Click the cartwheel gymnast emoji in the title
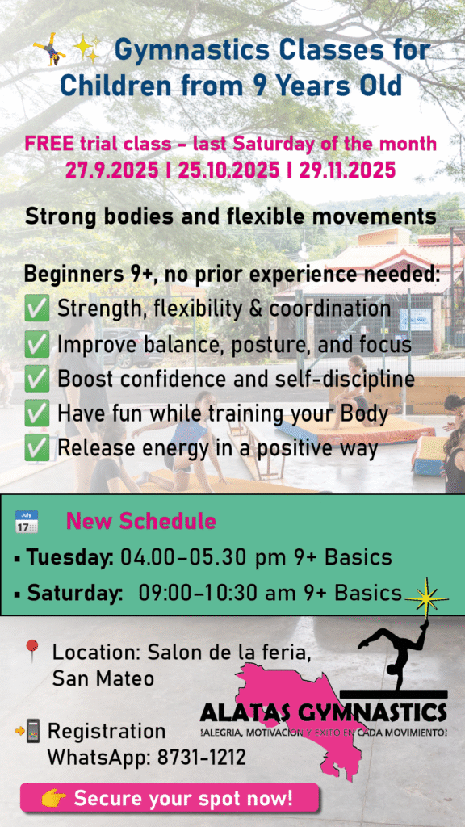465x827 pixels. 48,48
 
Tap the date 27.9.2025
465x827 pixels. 111,170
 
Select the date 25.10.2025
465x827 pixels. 228,170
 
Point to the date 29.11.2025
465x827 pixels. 347,170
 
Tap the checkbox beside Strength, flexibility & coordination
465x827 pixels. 37,309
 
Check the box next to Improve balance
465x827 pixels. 37,344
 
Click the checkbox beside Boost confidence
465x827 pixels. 37,380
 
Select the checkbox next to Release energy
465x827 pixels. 37,449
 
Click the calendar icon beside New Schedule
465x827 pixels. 27,522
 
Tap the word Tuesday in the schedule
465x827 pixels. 69,558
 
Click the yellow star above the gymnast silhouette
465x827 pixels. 426,598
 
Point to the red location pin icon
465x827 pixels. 32,651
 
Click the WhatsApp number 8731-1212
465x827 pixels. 201,758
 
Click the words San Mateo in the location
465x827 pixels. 103,678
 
